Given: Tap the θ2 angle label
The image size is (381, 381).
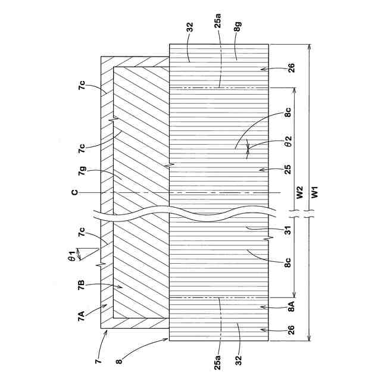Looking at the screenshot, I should pyautogui.click(x=286, y=144).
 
